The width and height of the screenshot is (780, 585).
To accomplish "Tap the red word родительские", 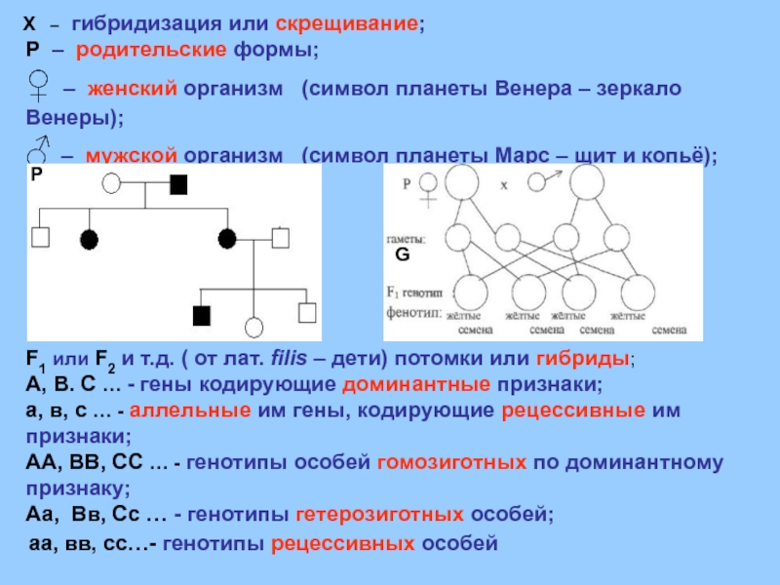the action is click(x=132, y=50).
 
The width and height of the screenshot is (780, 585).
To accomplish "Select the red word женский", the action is click(x=132, y=90).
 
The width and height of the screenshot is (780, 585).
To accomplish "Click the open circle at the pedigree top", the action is click(x=112, y=183).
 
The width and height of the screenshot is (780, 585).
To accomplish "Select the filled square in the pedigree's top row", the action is click(x=179, y=183).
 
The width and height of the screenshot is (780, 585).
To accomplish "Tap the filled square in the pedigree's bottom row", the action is click(x=202, y=314).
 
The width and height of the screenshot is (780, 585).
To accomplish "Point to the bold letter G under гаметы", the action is click(x=400, y=255).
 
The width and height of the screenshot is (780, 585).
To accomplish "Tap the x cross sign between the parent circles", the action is click(x=503, y=183).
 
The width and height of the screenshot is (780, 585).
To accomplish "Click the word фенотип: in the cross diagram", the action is click(x=409, y=314).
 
